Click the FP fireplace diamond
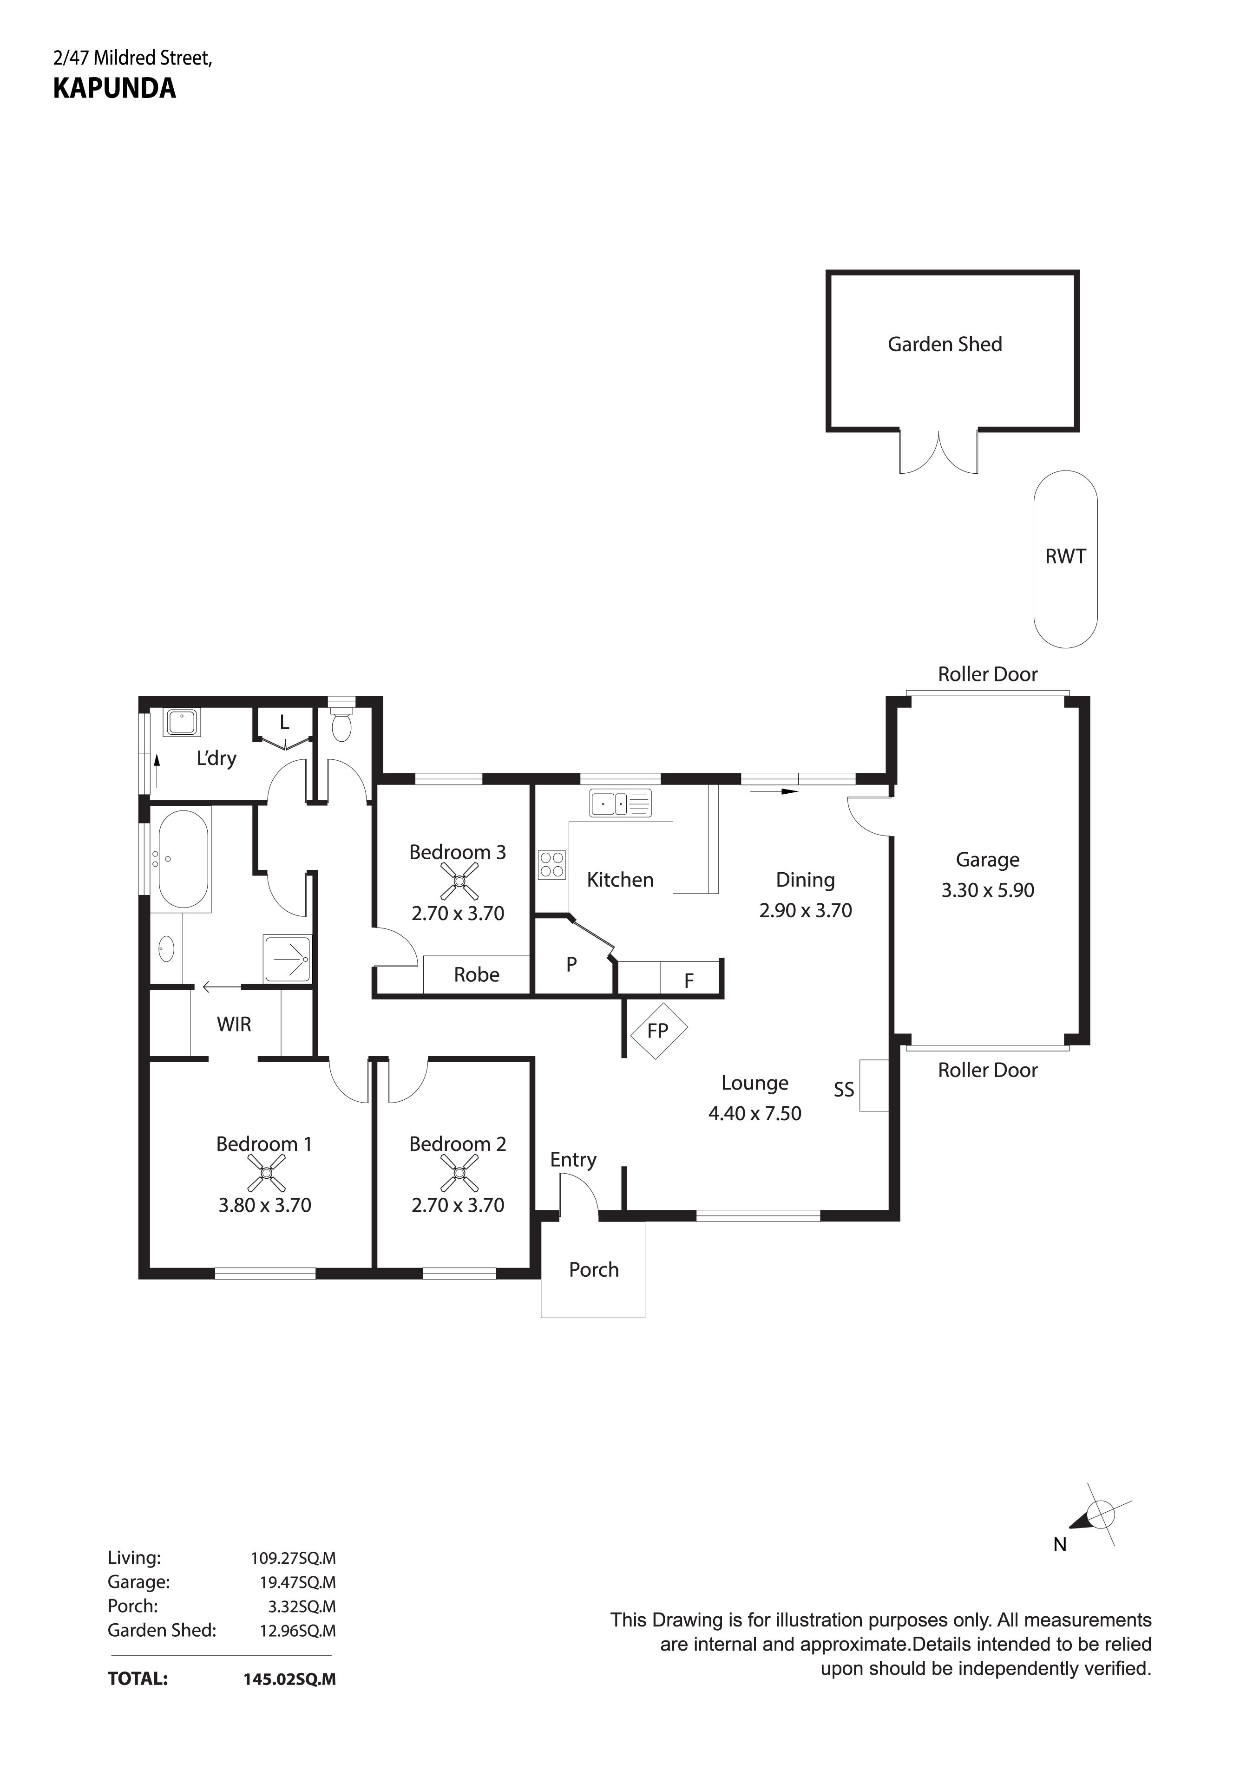(x=658, y=1031)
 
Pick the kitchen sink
(x=620, y=803)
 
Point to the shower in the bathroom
(x=287, y=959)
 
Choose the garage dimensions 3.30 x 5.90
(x=988, y=890)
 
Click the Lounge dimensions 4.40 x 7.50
(x=755, y=1113)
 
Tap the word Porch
(x=594, y=1270)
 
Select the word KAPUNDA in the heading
(x=114, y=89)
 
